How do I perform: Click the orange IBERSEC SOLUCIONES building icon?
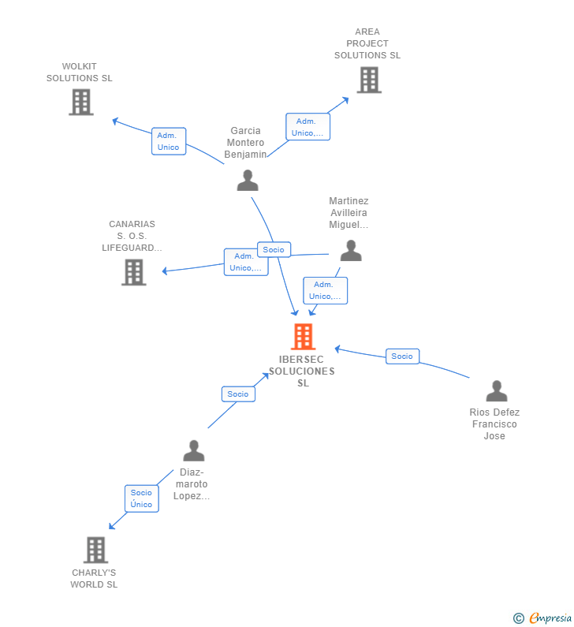coord(303,337)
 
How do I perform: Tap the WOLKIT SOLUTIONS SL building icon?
coord(80,102)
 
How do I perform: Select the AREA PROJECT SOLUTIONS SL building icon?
coord(368,80)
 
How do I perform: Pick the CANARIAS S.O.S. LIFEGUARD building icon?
coord(134,272)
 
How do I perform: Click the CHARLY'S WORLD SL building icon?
coord(95,550)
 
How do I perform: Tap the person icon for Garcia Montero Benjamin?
coord(248,181)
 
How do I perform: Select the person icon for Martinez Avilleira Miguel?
coord(351,251)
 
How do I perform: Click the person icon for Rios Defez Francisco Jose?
coord(496,391)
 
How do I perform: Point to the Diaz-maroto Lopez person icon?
coord(193,451)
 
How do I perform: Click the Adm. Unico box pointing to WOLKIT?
coord(169,141)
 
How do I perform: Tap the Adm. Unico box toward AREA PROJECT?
coord(307,127)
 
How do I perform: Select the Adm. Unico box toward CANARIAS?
coord(245,262)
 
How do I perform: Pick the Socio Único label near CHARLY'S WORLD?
coord(142,498)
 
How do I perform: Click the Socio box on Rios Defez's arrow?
coord(402,356)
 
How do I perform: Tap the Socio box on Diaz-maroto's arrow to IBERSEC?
coord(238,394)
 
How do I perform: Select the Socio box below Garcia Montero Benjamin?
coord(274,250)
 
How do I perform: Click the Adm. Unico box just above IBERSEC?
coord(325,290)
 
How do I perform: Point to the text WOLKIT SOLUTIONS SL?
coord(80,73)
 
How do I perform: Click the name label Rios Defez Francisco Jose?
coord(494,424)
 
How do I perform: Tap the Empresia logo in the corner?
coord(544,618)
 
